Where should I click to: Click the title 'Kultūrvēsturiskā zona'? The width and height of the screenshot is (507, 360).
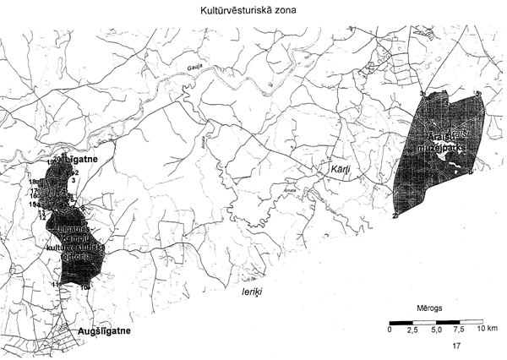[x=253, y=11]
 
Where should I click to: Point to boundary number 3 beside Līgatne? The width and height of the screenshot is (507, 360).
[x=74, y=180]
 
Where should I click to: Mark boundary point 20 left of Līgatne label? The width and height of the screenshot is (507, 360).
[x=57, y=159]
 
